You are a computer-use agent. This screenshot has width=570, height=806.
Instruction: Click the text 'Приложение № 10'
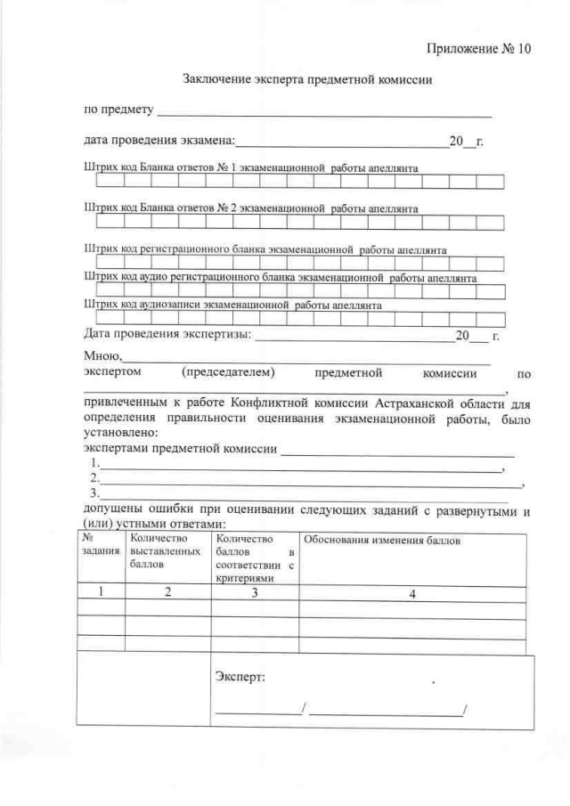pos(477,48)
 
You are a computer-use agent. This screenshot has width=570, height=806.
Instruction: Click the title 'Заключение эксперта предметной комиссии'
pos(307,80)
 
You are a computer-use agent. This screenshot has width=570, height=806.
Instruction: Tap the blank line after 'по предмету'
pos(324,114)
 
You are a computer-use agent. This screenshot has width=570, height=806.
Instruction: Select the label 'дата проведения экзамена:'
pos(159,141)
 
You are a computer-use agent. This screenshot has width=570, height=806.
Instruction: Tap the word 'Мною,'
pos(102,355)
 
